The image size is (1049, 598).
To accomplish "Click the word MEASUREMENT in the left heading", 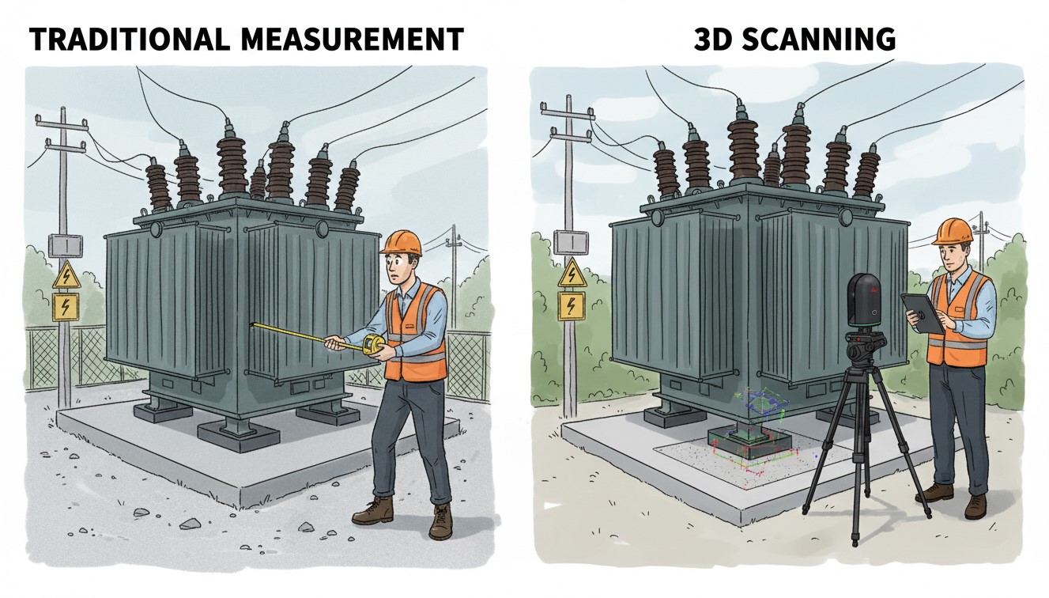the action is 352,39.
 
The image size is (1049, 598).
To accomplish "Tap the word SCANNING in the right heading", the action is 819,39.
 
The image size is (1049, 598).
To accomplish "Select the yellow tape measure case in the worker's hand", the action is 374,346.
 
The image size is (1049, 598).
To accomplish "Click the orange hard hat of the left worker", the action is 401,243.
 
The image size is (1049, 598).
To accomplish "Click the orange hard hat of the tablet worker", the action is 952,232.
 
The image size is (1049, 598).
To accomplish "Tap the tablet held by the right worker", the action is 922,312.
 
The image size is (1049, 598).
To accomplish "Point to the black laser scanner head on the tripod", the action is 866,300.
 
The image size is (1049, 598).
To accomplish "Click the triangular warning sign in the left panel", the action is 66,275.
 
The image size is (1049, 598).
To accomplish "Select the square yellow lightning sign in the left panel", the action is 66,307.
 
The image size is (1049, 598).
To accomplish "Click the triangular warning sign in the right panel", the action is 572,272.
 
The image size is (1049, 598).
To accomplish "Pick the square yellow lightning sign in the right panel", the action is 572,306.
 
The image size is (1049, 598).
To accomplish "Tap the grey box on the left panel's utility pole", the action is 66,245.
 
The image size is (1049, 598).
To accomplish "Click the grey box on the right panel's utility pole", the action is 571,242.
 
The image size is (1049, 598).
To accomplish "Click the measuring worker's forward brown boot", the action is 373,511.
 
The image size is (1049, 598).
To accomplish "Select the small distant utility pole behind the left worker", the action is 453,277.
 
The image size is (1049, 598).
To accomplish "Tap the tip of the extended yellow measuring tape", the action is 253,324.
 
